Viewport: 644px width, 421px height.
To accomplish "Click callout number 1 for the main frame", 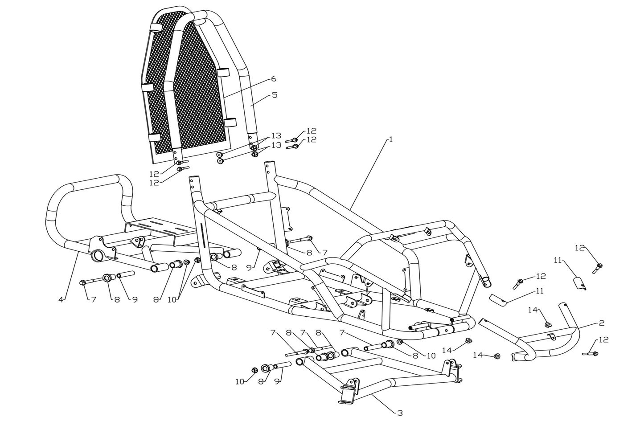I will tap(391, 139).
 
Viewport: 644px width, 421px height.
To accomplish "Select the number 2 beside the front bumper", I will tap(601, 323).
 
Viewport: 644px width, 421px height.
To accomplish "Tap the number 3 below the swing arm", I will tap(399, 412).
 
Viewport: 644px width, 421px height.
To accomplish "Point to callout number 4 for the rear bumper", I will tap(61, 300).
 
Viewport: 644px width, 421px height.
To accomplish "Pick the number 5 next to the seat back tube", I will tap(275, 95).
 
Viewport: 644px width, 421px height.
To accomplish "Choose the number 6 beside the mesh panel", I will tap(273, 79).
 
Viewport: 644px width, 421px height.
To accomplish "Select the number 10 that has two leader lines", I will tap(172, 300).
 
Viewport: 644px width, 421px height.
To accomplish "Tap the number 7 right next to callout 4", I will tap(93, 300).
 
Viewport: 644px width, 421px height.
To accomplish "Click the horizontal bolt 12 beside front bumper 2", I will tap(591, 354).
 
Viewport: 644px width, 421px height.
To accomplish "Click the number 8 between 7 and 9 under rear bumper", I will tap(117, 300).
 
